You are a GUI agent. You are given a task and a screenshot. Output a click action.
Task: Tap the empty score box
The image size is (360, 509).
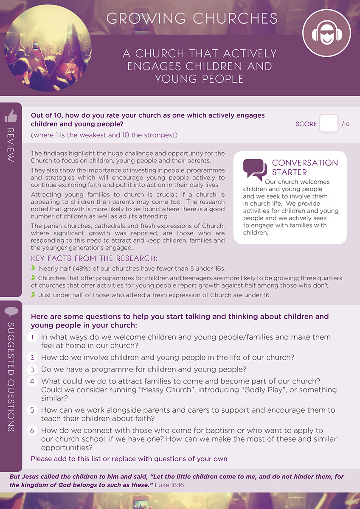coord(329,123)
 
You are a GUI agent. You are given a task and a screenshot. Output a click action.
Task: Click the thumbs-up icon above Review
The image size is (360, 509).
coord(11,116)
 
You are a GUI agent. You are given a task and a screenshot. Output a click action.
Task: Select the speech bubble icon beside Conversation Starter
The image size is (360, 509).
coord(255,169)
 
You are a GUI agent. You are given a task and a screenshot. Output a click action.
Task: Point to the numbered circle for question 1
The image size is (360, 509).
coord(33,337)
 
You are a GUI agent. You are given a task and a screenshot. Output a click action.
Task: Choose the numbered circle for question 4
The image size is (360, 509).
coord(33,381)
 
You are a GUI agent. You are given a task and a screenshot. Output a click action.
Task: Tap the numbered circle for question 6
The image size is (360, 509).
coord(33,430)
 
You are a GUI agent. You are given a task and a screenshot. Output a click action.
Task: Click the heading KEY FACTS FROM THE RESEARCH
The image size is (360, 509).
coord(94,259)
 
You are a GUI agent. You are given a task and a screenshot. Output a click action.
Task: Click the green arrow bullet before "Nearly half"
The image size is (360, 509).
coord(34,268)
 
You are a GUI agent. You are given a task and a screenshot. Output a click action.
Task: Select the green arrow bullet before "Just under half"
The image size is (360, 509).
coord(34,295)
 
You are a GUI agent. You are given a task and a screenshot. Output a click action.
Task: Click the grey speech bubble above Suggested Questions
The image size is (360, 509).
coord(11,312)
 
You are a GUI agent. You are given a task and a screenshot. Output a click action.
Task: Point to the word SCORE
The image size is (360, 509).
coord(306,124)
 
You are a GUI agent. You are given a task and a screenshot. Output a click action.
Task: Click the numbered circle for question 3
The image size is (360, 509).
coord(33,369)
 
